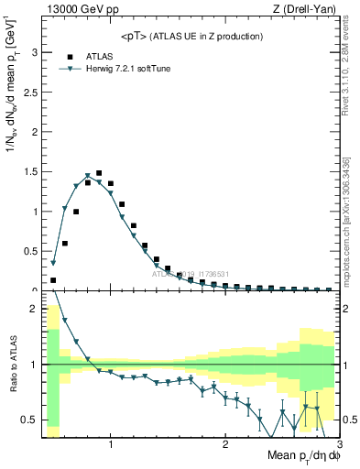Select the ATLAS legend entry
(99, 56)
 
